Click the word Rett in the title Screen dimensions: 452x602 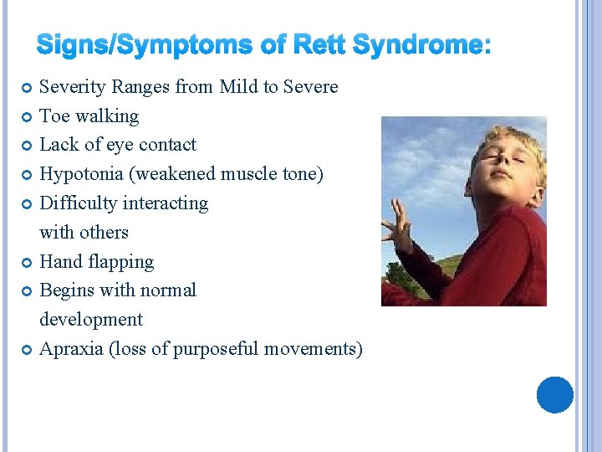coord(319,45)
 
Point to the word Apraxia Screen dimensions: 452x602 coord(72,349)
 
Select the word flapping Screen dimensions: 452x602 coord(122,262)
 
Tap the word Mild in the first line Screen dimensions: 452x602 coord(240,87)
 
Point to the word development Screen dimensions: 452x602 coord(91,320)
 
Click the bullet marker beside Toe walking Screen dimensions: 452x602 coord(26,116)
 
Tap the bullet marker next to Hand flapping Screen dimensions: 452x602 coord(26,262)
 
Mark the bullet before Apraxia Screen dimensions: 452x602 coord(26,349)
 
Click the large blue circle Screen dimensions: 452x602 coord(554,394)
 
